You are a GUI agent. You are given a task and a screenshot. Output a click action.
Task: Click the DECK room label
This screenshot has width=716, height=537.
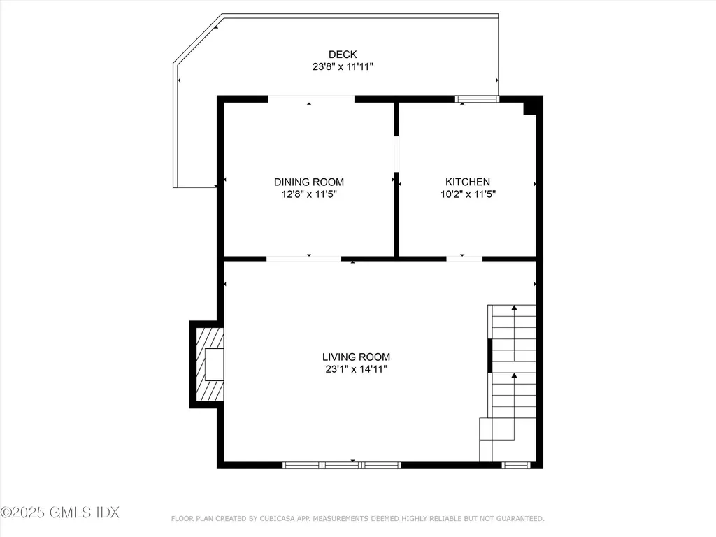[343, 55]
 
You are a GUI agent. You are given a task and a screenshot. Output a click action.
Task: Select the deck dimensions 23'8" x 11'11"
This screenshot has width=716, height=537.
[343, 67]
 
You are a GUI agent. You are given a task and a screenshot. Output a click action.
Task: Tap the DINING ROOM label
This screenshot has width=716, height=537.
[308, 182]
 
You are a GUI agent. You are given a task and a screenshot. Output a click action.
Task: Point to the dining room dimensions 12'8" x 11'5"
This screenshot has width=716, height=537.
[308, 195]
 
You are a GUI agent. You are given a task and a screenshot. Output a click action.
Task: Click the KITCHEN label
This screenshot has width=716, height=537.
[468, 182]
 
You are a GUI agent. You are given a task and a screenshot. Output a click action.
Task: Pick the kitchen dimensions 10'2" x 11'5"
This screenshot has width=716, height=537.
[468, 195]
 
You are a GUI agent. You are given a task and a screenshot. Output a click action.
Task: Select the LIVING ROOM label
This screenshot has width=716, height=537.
[356, 357]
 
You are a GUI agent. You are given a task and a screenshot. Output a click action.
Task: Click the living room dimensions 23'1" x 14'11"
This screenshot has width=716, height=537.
[356, 369]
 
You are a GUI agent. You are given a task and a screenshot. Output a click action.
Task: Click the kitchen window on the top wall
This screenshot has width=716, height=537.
[477, 99]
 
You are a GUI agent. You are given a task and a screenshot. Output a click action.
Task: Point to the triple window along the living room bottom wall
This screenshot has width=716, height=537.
[342, 464]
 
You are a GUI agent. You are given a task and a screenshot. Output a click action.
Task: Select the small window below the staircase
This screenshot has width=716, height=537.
[516, 464]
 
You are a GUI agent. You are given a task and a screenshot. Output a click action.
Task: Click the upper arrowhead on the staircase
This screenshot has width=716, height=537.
[514, 308]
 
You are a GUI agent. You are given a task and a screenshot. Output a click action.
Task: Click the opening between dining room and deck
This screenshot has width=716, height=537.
[311, 99]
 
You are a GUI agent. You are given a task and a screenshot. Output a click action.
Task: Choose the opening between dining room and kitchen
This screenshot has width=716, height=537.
[396, 154]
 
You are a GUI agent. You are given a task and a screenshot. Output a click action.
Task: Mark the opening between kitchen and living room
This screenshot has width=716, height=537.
[464, 259]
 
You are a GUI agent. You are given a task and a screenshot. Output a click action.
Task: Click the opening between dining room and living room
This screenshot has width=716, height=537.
[303, 259]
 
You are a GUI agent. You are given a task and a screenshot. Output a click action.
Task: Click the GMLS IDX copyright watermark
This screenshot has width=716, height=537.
[60, 513]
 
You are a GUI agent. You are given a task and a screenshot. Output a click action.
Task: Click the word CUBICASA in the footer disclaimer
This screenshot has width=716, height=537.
[280, 518]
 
